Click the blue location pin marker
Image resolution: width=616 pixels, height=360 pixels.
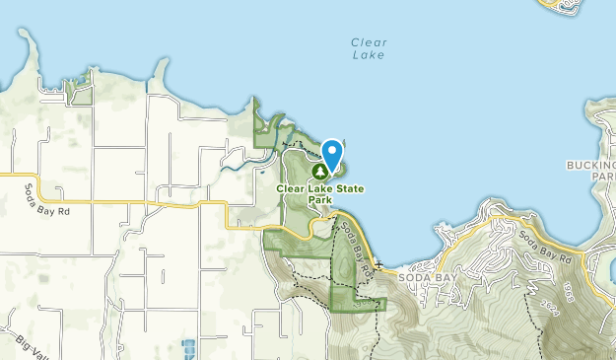click(332, 155)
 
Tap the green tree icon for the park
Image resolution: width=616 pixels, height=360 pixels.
click(320, 171)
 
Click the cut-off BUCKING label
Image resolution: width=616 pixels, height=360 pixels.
click(592, 164)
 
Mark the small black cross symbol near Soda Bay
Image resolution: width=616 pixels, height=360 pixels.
click(377, 265)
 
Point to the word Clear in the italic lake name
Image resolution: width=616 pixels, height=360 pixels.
click(370, 42)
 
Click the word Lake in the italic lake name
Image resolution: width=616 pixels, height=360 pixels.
click(370, 56)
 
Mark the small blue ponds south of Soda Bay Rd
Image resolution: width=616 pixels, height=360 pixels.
click(188, 347)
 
